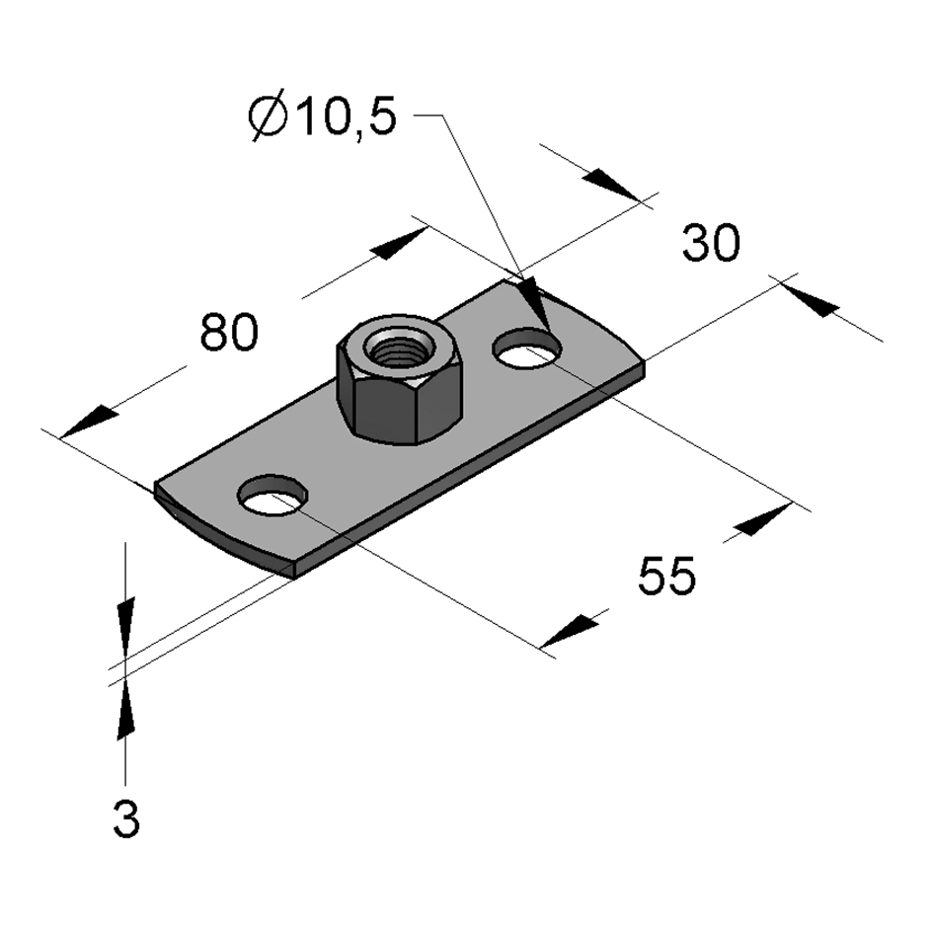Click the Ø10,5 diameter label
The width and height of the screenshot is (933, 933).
[323, 117]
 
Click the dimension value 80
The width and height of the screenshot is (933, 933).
[229, 332]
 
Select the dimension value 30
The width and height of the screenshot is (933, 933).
[711, 242]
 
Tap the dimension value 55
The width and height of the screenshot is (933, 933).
[666, 576]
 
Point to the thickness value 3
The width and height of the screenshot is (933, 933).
[126, 819]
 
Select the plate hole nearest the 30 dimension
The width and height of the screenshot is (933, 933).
[527, 348]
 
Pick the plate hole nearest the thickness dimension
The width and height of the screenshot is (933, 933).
[272, 495]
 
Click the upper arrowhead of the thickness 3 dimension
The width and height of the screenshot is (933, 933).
[126, 626]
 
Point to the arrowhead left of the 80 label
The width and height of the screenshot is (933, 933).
[89, 422]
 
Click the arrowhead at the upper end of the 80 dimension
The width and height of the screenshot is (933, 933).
[400, 243]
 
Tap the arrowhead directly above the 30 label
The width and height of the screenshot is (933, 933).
[612, 184]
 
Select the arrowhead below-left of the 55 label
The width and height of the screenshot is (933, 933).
[570, 631]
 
